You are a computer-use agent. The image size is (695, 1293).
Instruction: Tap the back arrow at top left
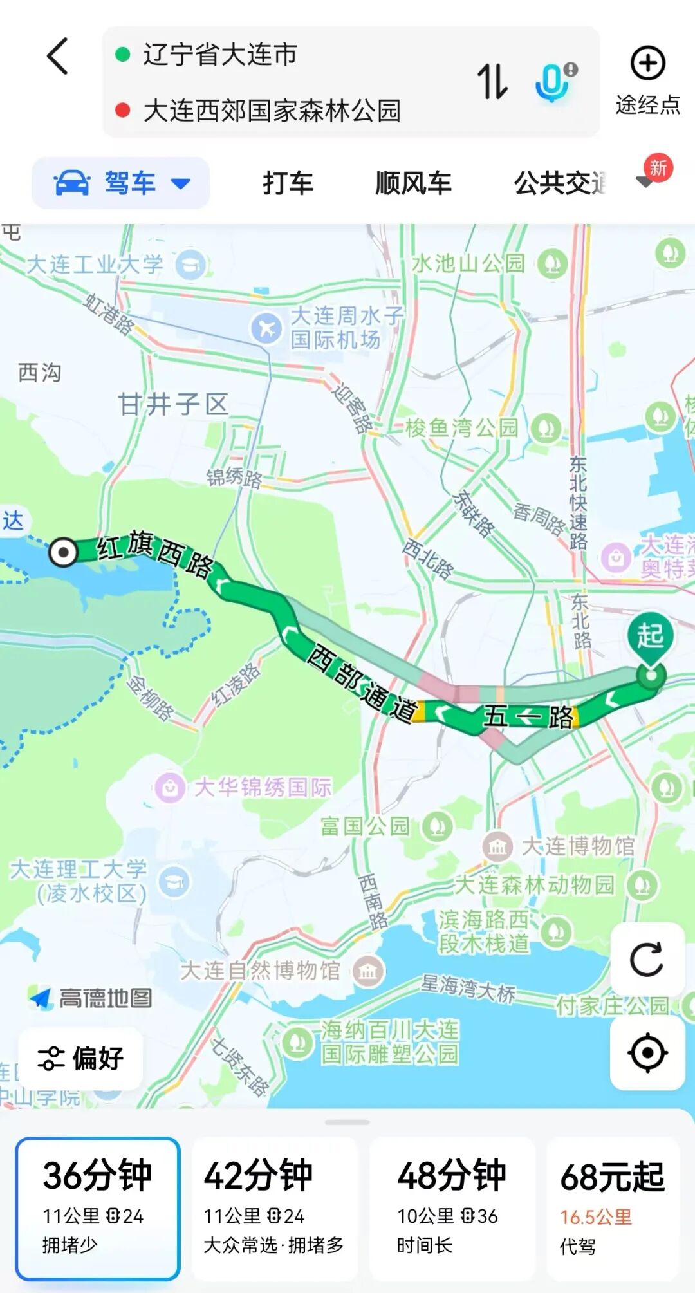58,56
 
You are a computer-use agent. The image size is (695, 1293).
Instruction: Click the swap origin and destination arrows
492,82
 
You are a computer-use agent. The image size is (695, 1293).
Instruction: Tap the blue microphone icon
552,82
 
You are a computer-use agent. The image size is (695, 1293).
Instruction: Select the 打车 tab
288,183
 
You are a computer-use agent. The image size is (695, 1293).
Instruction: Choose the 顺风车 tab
413,183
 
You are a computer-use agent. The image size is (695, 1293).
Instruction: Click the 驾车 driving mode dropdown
121,183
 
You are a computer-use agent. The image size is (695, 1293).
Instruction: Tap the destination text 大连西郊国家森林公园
272,111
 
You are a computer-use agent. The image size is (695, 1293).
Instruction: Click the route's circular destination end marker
64,552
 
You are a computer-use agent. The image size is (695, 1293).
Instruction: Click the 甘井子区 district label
173,405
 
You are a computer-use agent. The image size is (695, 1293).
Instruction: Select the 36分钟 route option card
98,1209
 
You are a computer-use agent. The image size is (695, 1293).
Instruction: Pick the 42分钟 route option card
274,1209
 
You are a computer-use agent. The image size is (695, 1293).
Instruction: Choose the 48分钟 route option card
452,1209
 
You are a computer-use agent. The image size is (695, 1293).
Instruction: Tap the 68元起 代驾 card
613,1209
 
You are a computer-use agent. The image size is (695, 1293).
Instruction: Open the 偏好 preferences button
80,1059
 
